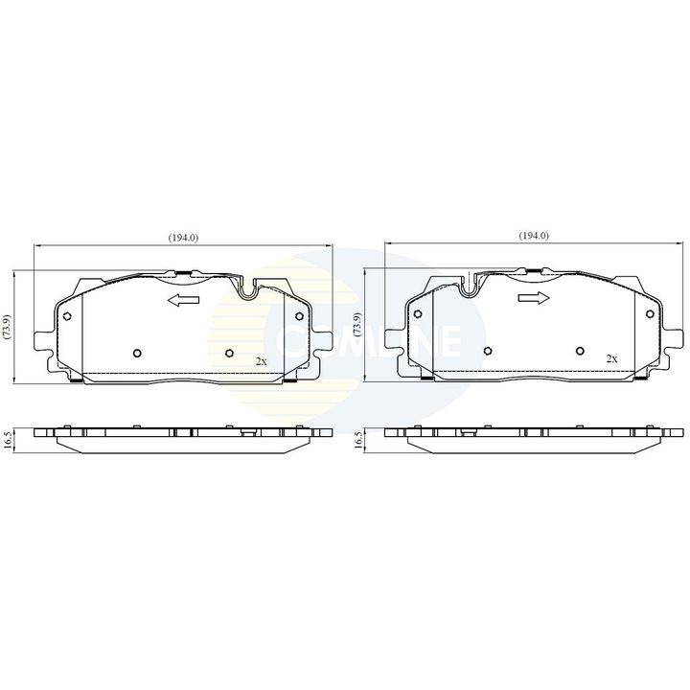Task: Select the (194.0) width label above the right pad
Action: (x=533, y=236)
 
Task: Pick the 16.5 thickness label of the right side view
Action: (x=359, y=440)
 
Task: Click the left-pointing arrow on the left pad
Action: (x=182, y=302)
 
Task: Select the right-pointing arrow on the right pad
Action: (x=533, y=299)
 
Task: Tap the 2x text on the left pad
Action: (x=261, y=359)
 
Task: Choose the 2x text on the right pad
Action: (x=611, y=358)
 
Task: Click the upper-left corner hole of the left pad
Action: (x=65, y=317)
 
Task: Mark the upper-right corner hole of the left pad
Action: (x=299, y=316)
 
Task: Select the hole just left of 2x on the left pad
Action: (x=228, y=353)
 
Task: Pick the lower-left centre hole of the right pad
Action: (x=486, y=351)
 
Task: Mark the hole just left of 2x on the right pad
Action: (x=579, y=352)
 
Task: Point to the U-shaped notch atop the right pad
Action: (x=471, y=284)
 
